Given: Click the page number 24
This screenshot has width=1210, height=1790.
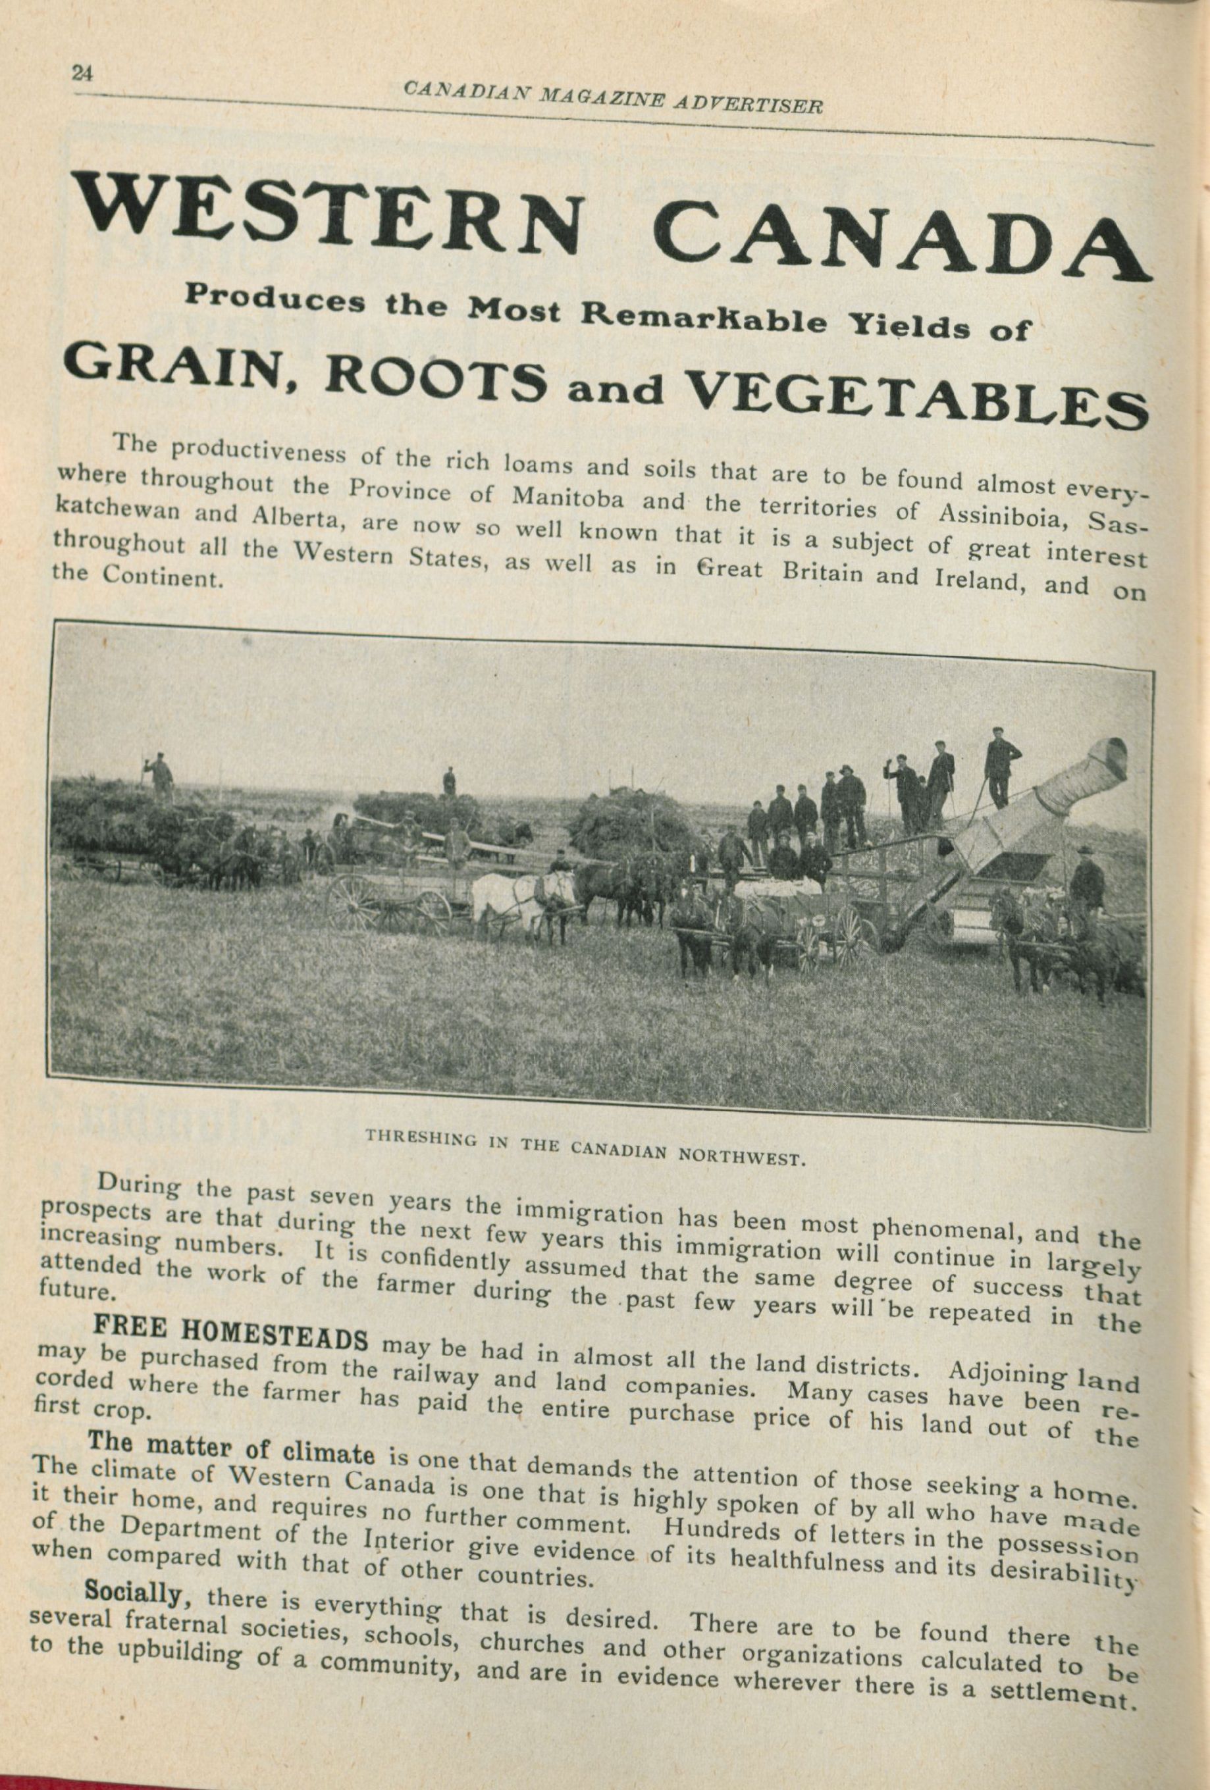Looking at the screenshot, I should click(x=82, y=73).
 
